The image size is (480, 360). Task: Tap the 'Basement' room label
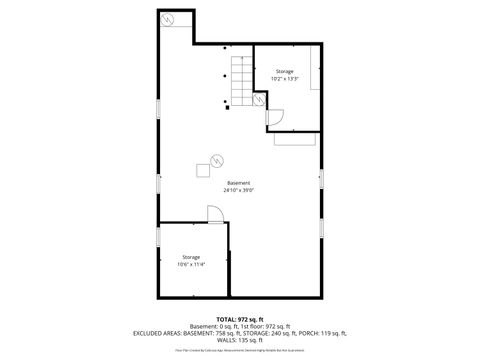coord(239,183)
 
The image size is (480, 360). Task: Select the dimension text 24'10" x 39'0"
coord(239,190)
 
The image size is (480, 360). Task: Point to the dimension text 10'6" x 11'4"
coord(191,264)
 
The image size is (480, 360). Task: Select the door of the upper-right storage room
coord(275,117)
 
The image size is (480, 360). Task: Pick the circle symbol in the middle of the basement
coord(216,157)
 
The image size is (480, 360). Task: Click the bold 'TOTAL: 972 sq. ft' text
coord(239,318)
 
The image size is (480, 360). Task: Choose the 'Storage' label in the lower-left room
coord(191,257)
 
